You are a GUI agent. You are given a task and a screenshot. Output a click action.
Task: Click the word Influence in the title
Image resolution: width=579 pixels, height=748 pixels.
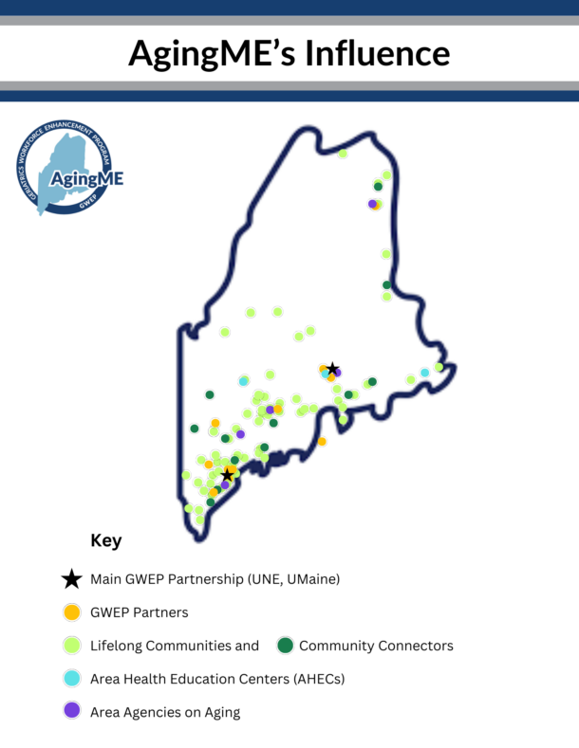pos(378,53)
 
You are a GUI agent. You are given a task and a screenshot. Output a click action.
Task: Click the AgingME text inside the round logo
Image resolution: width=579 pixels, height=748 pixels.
pos(87,179)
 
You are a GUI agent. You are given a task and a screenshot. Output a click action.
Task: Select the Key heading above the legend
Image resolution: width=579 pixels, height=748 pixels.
pos(106,540)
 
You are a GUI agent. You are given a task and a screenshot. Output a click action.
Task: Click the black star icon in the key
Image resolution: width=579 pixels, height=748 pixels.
pos(71,578)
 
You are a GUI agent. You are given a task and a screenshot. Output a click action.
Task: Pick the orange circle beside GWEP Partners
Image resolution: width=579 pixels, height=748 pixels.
pos(71,612)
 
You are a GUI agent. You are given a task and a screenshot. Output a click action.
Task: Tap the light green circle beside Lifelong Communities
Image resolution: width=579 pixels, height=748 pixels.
pos(71,646)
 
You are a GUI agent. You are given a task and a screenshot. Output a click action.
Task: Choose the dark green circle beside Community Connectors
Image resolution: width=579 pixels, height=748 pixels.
pos(285,646)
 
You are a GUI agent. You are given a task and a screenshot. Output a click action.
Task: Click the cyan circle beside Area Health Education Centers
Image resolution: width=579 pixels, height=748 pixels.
pos(71,679)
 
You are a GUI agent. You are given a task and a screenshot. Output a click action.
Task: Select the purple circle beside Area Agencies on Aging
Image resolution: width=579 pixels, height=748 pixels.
pos(71,710)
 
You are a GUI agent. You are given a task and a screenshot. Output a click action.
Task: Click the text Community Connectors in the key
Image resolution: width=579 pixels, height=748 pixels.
pos(376,646)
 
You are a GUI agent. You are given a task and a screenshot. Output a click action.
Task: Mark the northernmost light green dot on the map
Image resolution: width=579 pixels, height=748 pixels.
pos(343,154)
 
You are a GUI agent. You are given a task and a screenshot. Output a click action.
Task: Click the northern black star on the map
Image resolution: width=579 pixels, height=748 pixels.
pos(333,368)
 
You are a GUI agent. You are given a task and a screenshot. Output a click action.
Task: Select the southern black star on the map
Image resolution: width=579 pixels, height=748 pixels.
pos(228,475)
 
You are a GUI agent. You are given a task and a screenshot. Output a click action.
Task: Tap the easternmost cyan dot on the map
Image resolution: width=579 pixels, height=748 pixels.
pos(424,372)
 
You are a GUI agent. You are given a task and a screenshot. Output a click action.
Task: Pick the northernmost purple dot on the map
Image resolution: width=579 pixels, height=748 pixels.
pos(372,204)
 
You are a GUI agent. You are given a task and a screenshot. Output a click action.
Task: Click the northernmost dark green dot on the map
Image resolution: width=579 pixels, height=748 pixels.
pos(378,187)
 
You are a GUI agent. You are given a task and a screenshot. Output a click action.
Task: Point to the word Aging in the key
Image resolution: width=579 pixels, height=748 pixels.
pos(223,712)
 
